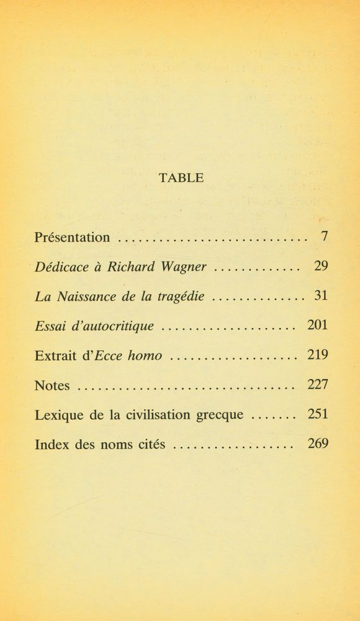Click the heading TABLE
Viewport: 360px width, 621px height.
point(181,178)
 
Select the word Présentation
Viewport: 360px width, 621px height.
point(73,237)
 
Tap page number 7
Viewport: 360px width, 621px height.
point(323,237)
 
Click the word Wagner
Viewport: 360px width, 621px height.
point(183,267)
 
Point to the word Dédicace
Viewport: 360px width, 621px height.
point(60,267)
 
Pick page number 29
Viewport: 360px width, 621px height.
point(320,267)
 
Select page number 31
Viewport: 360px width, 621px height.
point(320,296)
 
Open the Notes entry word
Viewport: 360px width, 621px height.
point(52,385)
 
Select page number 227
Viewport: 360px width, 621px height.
point(317,385)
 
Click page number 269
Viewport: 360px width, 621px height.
point(317,445)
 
